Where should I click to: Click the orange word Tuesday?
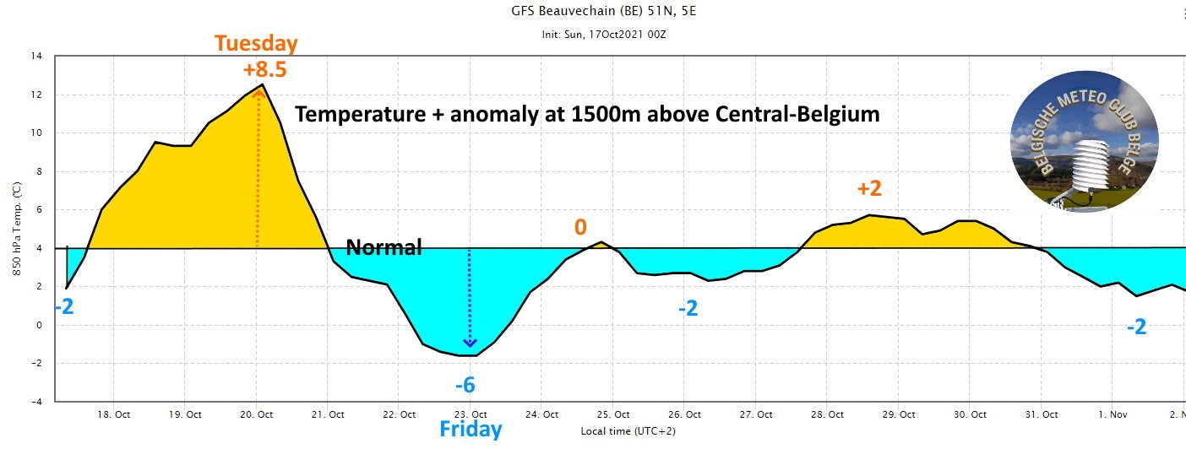[256, 43]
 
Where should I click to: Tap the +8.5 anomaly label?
[264, 69]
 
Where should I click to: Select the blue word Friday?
[471, 430]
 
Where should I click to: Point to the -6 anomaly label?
[465, 386]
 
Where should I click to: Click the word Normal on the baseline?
[384, 247]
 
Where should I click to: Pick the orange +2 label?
[869, 188]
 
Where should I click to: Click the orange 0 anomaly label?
[580, 226]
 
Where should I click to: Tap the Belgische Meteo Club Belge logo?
[1084, 141]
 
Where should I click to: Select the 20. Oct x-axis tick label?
[256, 414]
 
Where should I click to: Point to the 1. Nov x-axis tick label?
[1113, 414]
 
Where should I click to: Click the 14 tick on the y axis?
[36, 57]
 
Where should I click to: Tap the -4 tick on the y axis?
[36, 402]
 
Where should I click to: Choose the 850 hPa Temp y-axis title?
[14, 229]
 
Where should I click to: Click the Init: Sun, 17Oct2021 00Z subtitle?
[604, 35]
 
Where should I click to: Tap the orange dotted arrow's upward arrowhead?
[258, 94]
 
